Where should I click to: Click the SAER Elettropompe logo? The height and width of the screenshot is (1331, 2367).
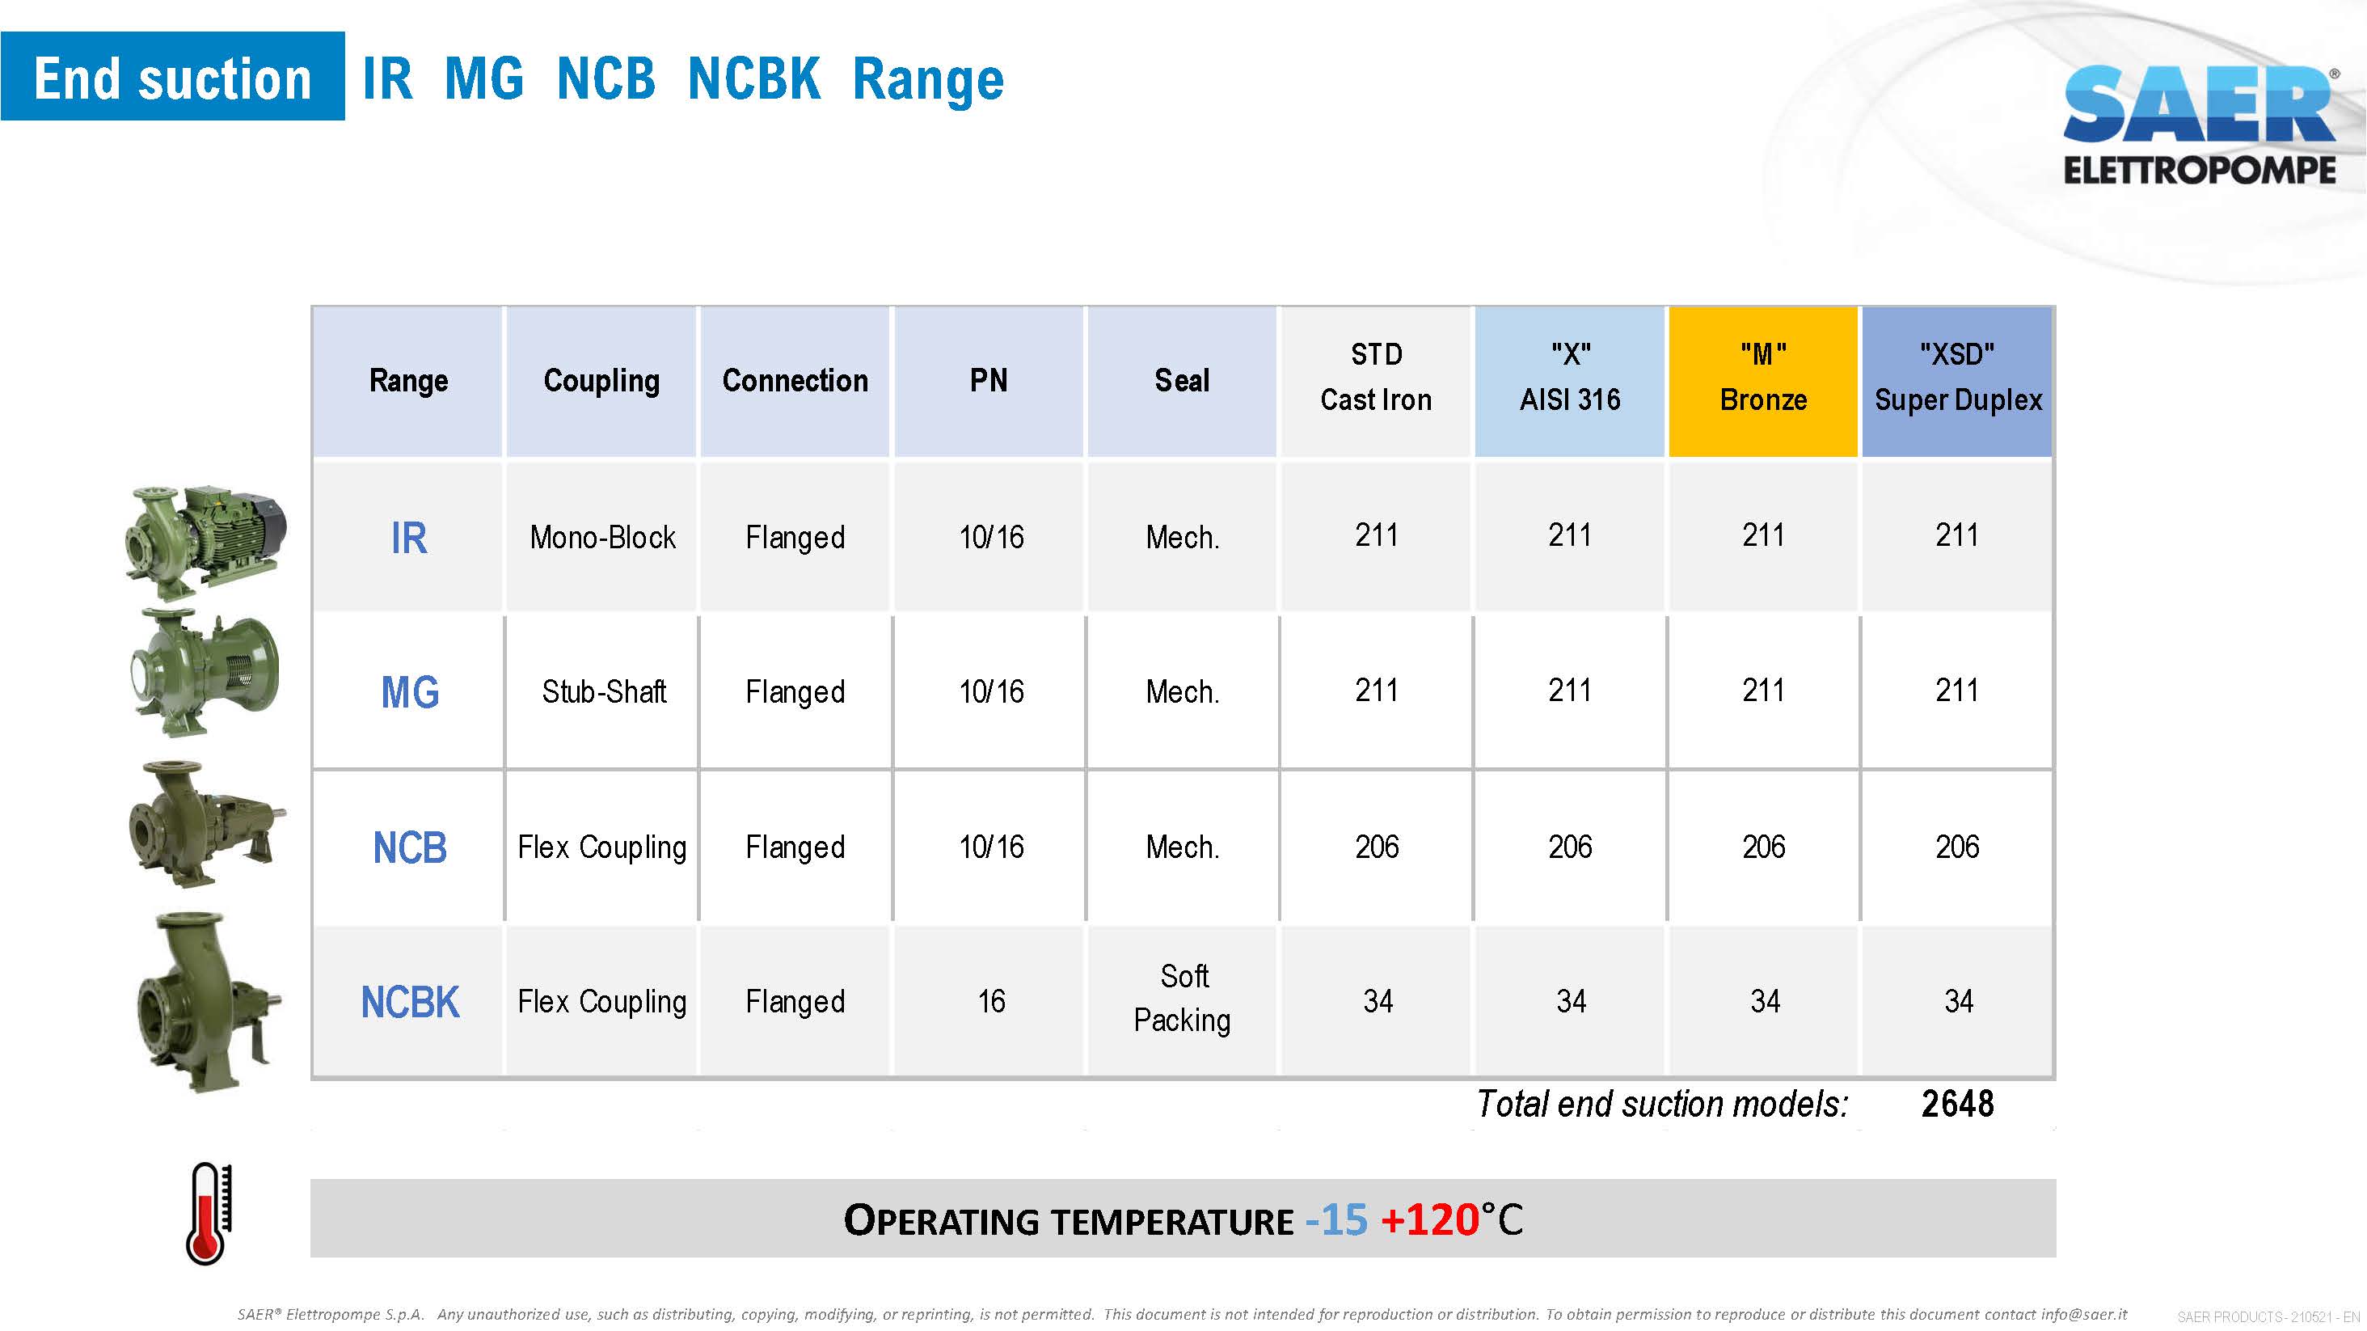tap(2200, 125)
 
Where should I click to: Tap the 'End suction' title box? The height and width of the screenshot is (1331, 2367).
tap(173, 76)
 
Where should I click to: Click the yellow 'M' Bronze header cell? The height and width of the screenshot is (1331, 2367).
tap(1763, 381)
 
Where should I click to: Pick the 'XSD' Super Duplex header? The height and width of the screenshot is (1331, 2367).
tap(1957, 381)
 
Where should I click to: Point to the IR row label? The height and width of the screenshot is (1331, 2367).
tap(409, 538)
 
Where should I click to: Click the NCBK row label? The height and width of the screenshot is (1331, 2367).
tap(410, 1002)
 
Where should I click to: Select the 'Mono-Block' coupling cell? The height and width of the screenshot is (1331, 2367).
tap(603, 538)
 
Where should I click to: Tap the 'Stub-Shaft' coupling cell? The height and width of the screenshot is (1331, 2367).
tap(604, 692)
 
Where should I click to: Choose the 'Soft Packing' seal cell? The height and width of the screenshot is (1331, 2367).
tap(1183, 998)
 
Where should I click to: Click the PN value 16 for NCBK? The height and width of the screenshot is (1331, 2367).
tap(990, 1001)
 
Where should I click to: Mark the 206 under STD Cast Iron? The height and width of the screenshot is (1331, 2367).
tap(1377, 847)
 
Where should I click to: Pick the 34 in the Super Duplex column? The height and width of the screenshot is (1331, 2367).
tap(1958, 1001)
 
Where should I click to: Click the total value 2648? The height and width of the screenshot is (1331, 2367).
tap(1957, 1104)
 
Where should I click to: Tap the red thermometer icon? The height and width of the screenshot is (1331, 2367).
tap(209, 1213)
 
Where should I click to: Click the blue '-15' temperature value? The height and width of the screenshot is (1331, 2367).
tap(1336, 1219)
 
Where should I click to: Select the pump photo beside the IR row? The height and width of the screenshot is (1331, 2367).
tap(207, 543)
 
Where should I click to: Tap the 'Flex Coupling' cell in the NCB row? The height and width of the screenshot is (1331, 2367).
tap(602, 847)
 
